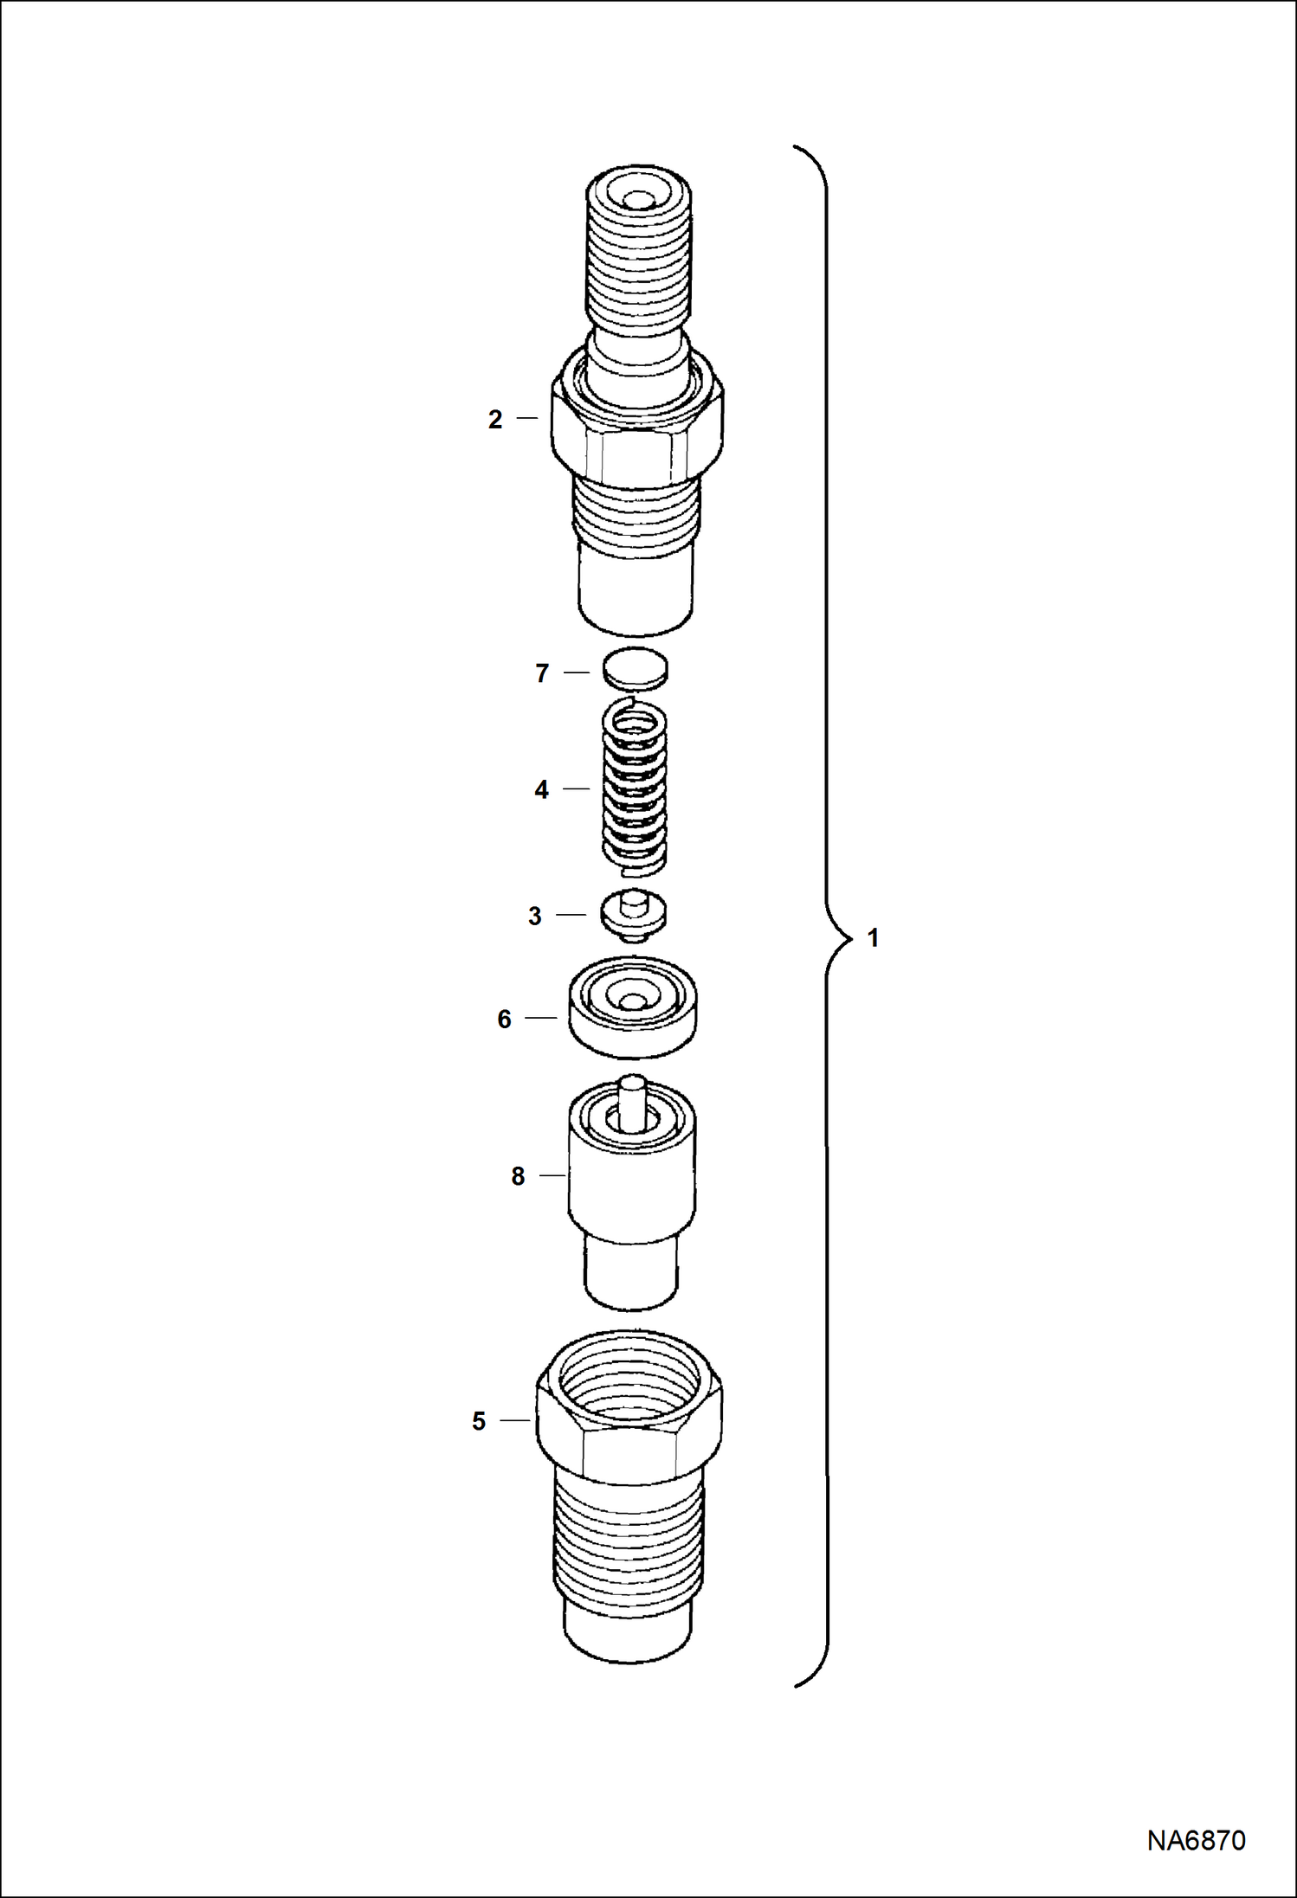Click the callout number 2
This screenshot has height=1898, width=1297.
495,420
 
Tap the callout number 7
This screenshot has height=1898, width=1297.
542,673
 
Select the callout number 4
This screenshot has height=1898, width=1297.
541,789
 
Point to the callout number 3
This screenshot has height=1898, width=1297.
535,916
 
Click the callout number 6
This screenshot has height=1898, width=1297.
504,1020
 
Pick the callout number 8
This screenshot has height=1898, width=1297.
518,1176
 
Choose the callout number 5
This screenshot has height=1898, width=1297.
479,1421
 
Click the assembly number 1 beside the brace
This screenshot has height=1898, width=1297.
873,938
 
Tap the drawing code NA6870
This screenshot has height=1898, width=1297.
1196,1840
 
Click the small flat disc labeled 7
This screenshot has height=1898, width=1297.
636,668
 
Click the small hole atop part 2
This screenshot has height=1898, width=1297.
638,200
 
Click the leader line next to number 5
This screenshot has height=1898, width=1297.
514,1420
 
